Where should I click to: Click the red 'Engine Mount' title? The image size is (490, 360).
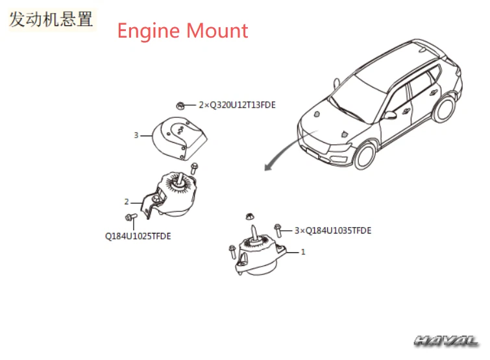(x=182, y=30)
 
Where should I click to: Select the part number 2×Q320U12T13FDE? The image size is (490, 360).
(x=237, y=104)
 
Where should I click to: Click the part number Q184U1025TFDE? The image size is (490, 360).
(x=138, y=236)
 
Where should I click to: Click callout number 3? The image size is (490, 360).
(x=136, y=135)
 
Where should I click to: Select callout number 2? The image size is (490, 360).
(x=127, y=202)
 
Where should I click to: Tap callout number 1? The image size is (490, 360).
(x=302, y=252)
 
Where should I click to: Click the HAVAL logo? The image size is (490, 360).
(x=447, y=341)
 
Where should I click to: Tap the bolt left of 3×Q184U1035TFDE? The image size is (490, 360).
(x=278, y=230)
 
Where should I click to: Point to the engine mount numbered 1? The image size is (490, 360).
(x=260, y=256)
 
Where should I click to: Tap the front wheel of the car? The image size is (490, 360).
(x=367, y=156)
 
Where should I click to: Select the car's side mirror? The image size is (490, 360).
(x=390, y=115)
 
